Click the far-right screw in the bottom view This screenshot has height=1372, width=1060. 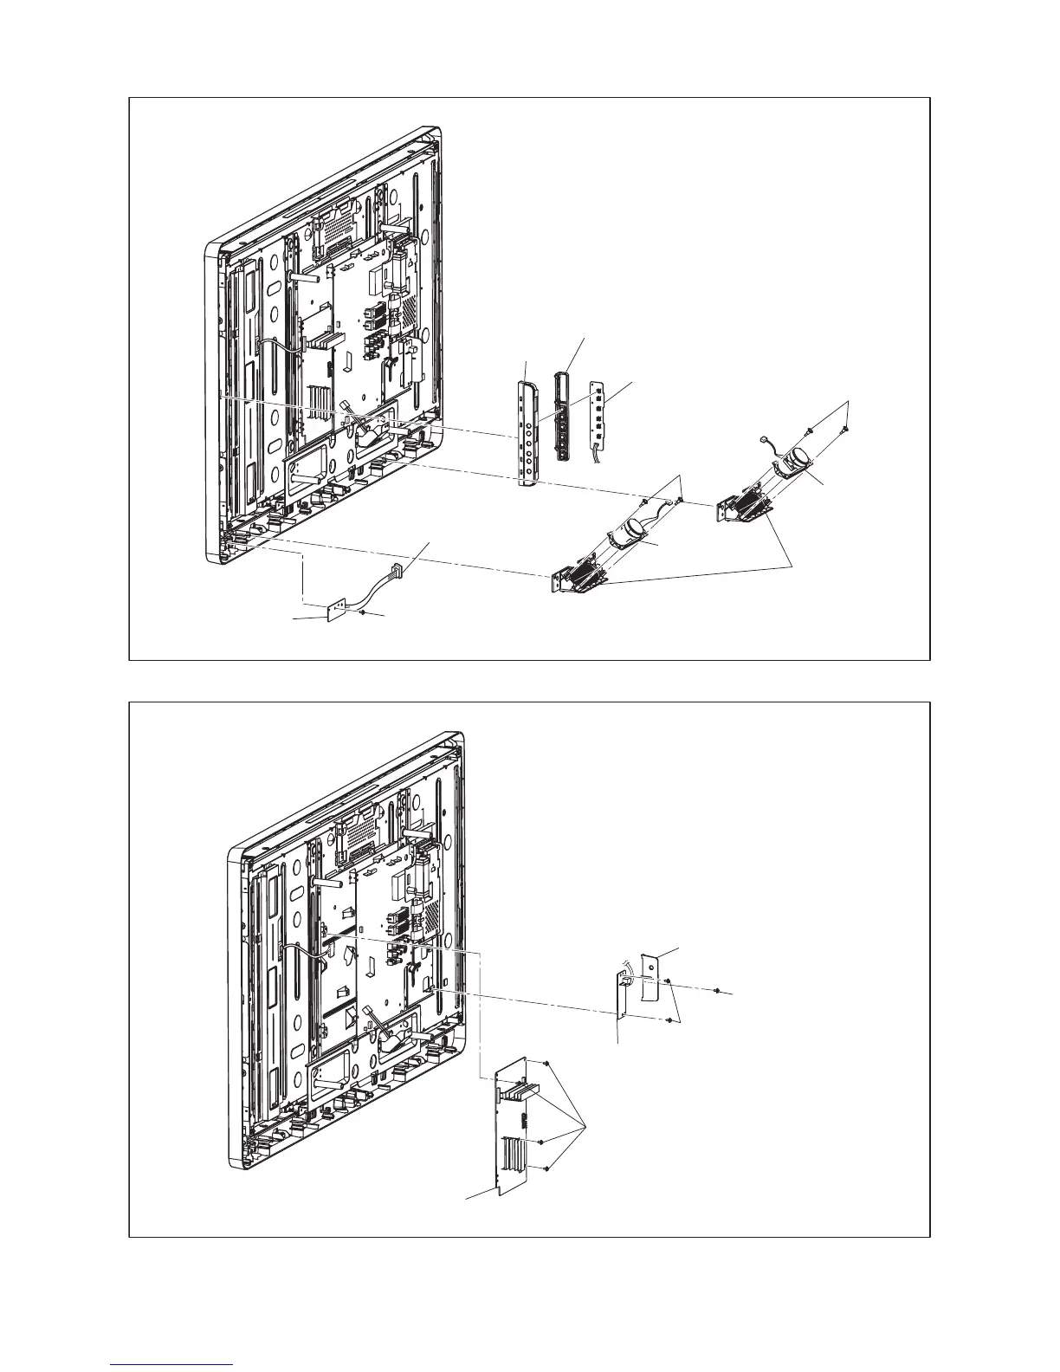coord(719,989)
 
